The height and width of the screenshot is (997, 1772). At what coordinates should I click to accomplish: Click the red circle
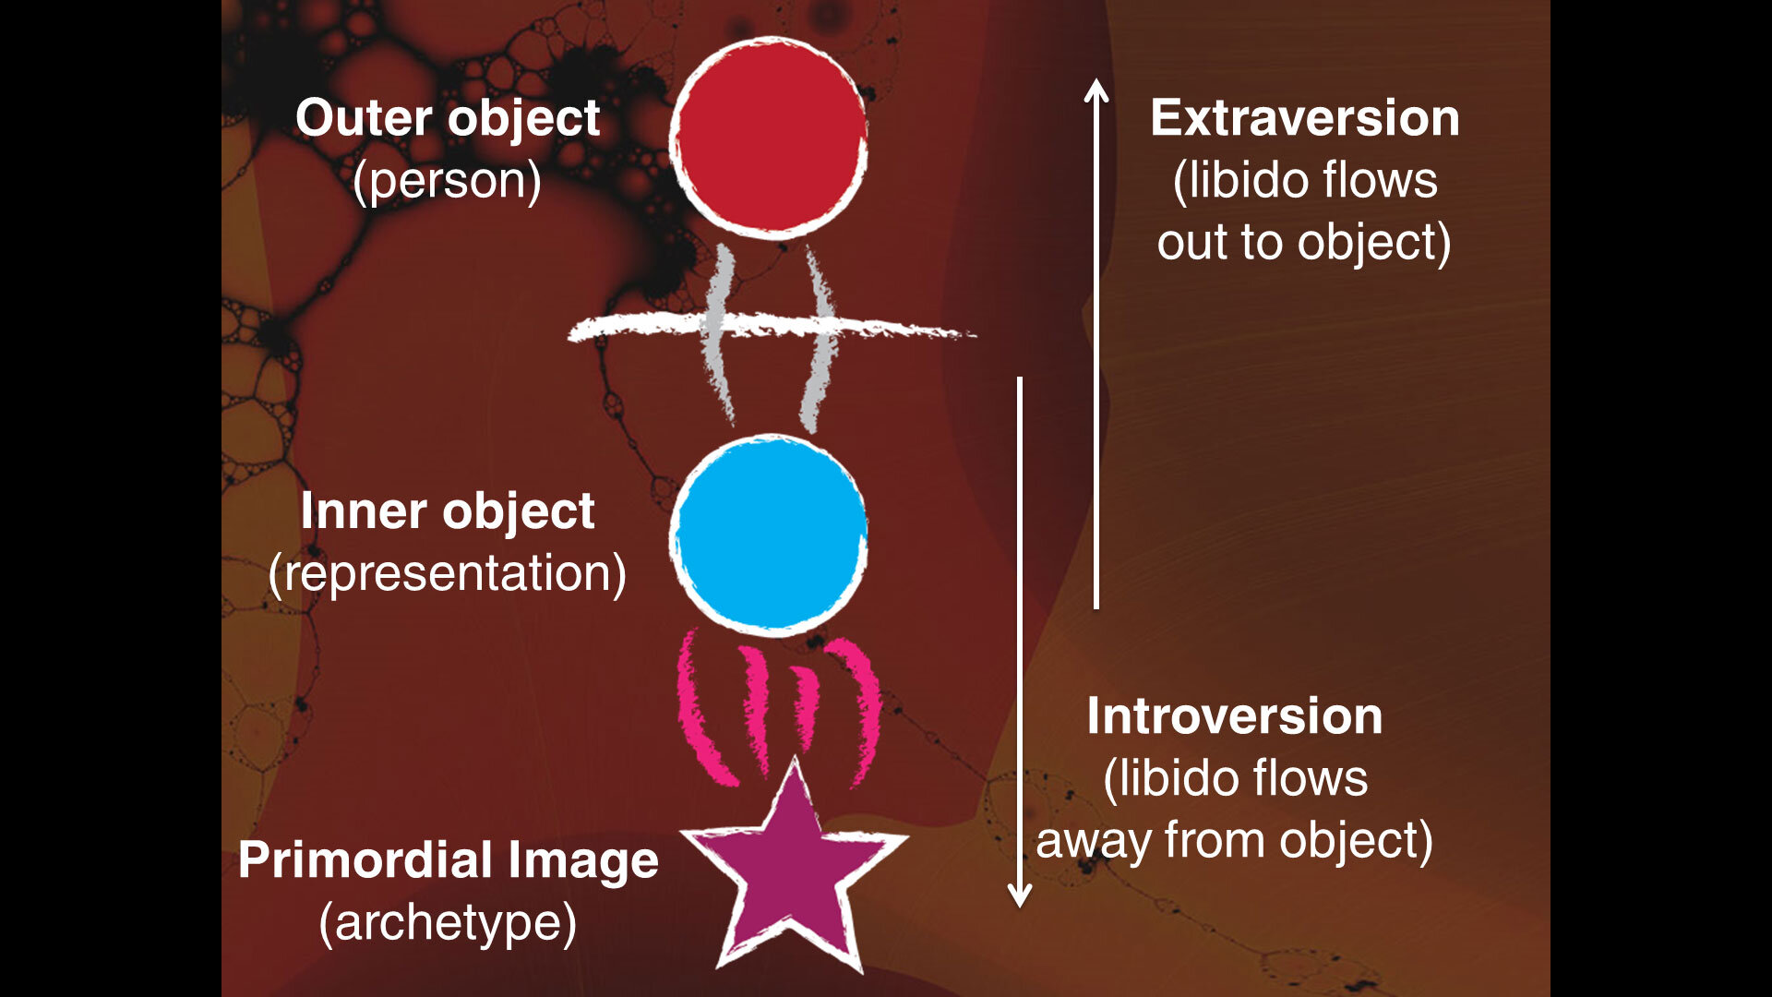point(768,138)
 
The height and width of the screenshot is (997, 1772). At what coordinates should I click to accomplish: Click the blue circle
point(768,535)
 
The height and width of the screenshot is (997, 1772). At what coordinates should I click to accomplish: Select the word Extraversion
point(1305,118)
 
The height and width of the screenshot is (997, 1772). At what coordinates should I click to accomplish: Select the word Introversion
point(1235,716)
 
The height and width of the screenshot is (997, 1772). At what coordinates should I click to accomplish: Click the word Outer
point(364,118)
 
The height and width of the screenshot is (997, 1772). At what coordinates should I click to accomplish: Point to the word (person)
point(448,181)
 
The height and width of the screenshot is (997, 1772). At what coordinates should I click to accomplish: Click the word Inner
point(364,511)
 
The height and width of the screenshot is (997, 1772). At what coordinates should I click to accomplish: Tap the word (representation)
point(448,574)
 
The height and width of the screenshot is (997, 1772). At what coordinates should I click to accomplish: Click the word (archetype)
point(448,923)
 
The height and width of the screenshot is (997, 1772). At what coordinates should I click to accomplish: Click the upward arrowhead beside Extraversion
point(1096,90)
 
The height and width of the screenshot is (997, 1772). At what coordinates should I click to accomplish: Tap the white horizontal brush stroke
point(772,326)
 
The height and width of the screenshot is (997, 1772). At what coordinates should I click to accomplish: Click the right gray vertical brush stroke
point(818,340)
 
